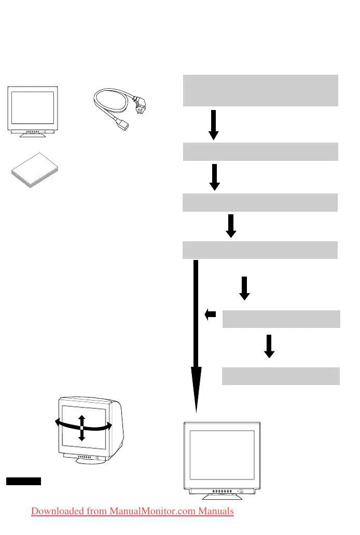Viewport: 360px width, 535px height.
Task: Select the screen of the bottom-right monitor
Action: (x=222, y=455)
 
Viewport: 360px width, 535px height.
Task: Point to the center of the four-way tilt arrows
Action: (x=81, y=428)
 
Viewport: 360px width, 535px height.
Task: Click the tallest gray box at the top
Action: (x=261, y=90)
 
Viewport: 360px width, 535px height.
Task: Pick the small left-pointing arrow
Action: (x=210, y=314)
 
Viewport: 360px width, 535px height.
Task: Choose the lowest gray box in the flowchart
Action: (x=281, y=376)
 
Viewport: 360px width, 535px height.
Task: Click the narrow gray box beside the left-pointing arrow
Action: (x=281, y=319)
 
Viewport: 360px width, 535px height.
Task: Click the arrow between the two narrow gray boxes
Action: (x=269, y=346)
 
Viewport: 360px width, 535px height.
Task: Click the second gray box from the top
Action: (x=261, y=152)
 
